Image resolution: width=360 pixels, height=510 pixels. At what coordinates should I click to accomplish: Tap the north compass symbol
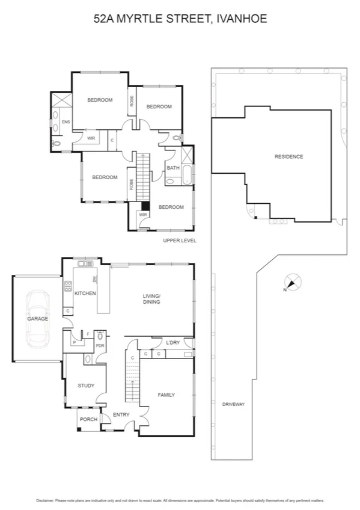[293, 282]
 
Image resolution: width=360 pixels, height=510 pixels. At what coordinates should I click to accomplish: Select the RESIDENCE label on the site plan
[288, 156]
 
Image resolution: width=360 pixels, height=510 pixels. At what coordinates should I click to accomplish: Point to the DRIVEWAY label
[232, 404]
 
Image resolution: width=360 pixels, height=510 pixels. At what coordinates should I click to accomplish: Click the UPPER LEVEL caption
[180, 241]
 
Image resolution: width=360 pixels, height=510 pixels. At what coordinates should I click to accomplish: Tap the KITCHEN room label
[85, 293]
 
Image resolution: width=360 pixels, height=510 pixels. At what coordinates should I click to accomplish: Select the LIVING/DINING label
[151, 299]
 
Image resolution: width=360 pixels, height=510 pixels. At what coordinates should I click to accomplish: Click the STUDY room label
[86, 386]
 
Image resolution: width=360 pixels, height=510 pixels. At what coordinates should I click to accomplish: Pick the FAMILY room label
[166, 395]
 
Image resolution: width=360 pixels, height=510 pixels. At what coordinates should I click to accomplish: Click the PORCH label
[88, 419]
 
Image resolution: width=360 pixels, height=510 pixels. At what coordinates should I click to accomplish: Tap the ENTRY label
[121, 415]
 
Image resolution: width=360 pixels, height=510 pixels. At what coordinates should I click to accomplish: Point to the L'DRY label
[173, 342]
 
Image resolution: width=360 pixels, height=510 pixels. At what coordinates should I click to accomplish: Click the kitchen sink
[85, 263]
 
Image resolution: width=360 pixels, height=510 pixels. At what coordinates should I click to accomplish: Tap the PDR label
[100, 346]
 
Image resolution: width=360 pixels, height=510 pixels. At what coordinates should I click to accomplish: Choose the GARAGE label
[37, 318]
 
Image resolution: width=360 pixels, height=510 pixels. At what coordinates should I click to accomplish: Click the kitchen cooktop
[67, 286]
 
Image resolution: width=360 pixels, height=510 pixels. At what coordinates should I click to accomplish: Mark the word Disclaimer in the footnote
[45, 500]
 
